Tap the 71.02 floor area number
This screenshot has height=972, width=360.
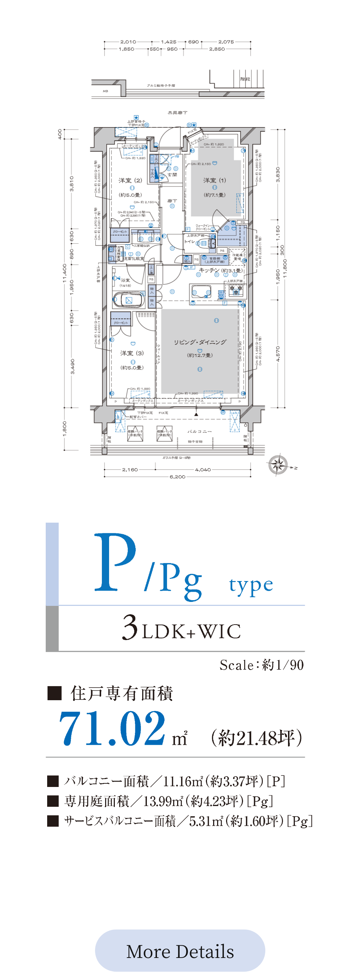[112, 728]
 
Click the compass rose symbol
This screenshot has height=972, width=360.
[278, 464]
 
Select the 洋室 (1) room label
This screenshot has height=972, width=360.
[214, 180]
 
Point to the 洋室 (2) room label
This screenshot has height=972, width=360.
[130, 180]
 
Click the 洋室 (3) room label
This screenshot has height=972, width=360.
[132, 353]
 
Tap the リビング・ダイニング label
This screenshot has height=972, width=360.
[200, 342]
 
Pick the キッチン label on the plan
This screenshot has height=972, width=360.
[209, 270]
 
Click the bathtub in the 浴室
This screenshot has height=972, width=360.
[129, 300]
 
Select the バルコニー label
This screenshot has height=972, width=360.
[200, 431]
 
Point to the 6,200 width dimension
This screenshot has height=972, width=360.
[177, 477]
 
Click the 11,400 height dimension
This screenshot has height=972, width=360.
[64, 273]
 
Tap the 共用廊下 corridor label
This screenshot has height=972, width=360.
[177, 112]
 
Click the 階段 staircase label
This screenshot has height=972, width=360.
[245, 79]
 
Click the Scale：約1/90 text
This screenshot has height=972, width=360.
[261, 665]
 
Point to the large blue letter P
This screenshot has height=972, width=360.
[115, 562]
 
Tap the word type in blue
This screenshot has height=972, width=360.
[251, 585]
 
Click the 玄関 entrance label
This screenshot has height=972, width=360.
[172, 175]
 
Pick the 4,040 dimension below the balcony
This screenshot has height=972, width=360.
[203, 469]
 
